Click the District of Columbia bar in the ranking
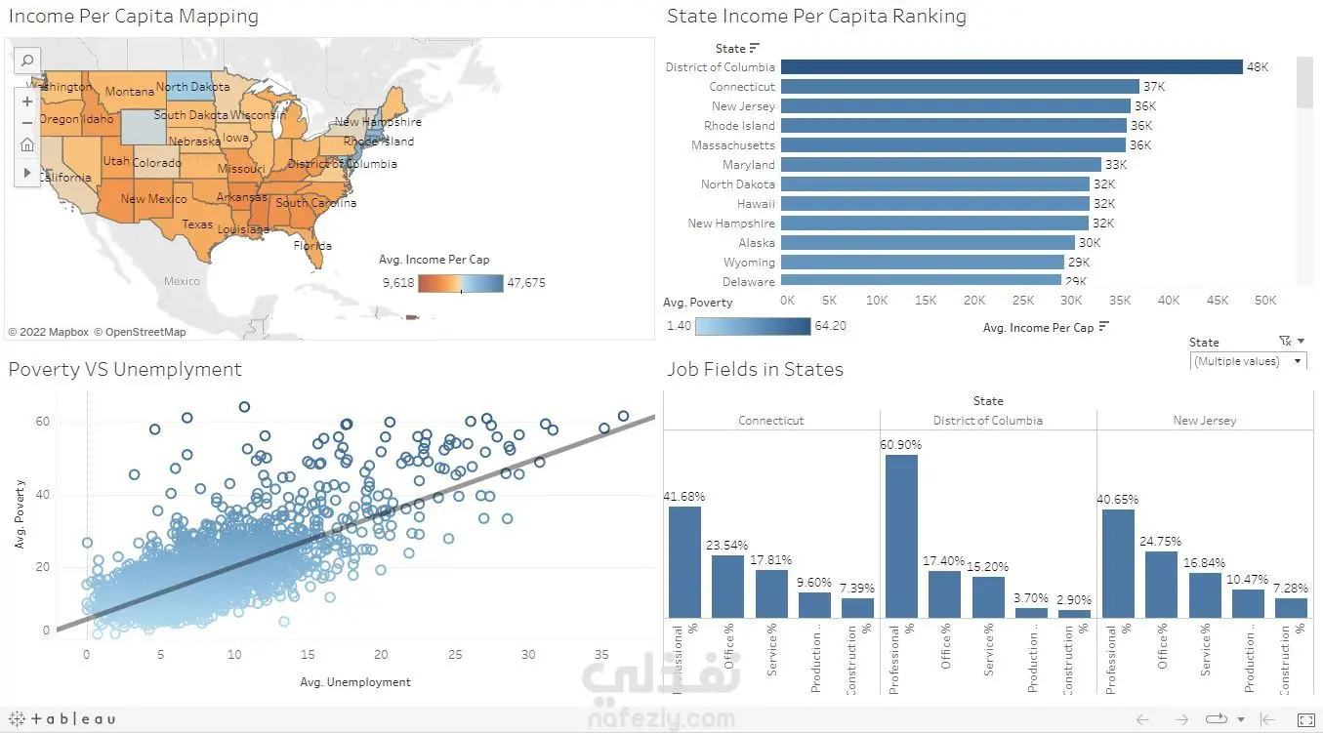coord(1011,67)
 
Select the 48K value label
coord(1258,67)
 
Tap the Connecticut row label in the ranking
coord(742,87)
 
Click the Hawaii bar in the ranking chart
coord(934,204)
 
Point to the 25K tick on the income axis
coord(1023,301)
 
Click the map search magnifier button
coord(27,61)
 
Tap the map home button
coord(27,145)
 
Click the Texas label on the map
coord(197,224)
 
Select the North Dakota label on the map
coord(193,87)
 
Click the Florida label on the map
coord(313,246)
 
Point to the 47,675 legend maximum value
coord(526,283)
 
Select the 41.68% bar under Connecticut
coord(684,561)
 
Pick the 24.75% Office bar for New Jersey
coord(1161,585)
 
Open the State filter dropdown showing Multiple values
coord(1248,361)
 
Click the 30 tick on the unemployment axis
coord(528,654)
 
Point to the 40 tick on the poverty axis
coord(44,495)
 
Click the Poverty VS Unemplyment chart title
coord(125,370)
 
